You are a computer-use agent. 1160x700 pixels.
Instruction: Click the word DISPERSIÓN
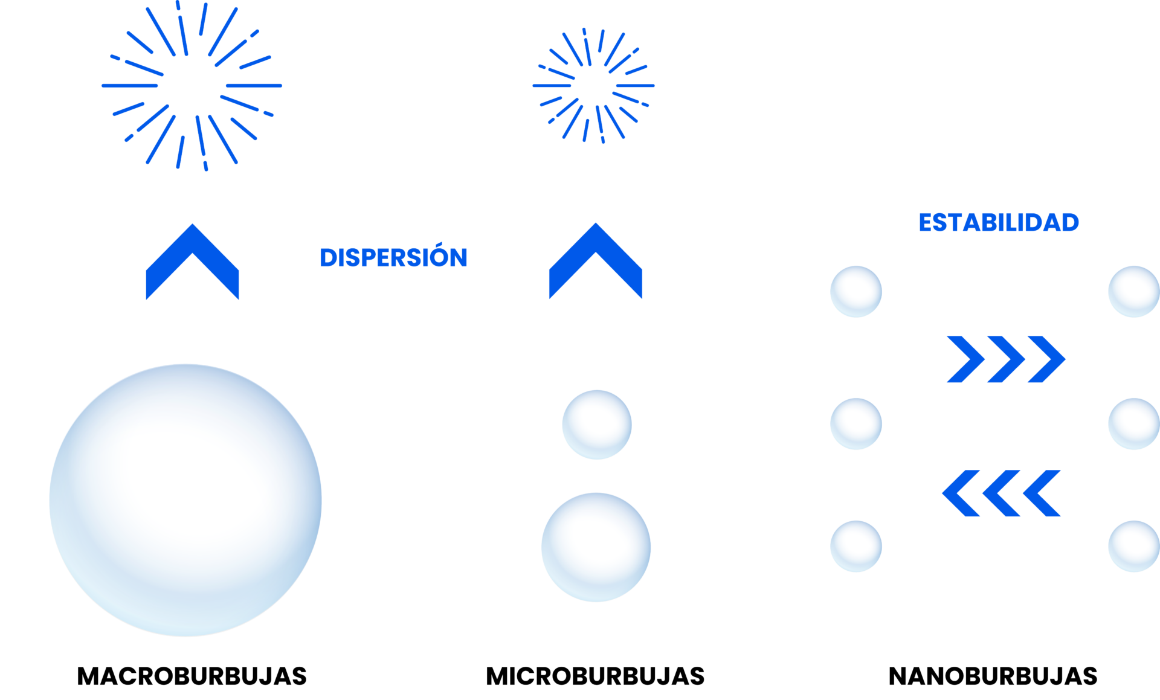[x=393, y=258]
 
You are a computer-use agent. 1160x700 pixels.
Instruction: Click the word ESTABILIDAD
[x=998, y=222]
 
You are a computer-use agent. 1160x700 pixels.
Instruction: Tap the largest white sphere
[x=185, y=500]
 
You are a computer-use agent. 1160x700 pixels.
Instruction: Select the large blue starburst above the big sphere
[x=192, y=86]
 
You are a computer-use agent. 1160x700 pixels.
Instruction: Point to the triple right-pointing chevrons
[x=1006, y=359]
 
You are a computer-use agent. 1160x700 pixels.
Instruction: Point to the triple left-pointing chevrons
[x=1001, y=493]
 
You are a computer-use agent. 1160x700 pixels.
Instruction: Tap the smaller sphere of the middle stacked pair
[x=597, y=425]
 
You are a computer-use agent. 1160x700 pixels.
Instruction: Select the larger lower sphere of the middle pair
[x=596, y=547]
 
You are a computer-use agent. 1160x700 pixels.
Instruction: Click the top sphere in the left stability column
[x=855, y=291]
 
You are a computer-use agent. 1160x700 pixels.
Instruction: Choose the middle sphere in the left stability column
[x=855, y=423]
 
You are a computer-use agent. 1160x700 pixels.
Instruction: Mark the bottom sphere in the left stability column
[x=855, y=546]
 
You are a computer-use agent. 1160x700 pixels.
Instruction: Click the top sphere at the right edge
[x=1134, y=291]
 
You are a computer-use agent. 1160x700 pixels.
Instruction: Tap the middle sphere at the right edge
[x=1134, y=423]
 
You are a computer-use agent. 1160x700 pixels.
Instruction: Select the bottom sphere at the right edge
[x=1134, y=546]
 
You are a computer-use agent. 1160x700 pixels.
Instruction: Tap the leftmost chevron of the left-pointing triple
[x=958, y=493]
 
